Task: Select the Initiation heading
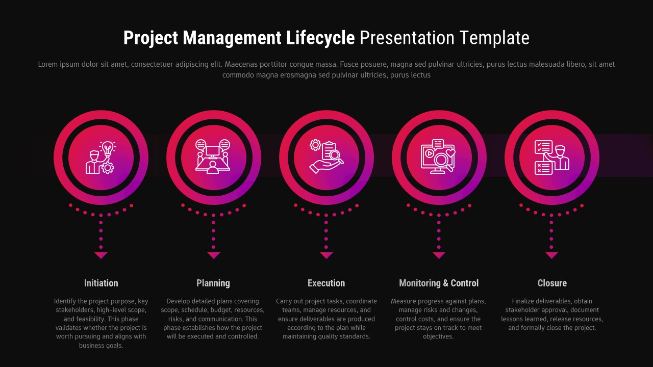[101, 283]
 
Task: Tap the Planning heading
[213, 283]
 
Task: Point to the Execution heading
[326, 283]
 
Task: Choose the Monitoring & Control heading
[439, 283]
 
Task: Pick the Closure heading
[552, 283]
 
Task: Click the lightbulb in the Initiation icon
[107, 149]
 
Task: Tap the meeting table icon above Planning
[213, 158]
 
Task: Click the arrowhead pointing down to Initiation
[101, 255]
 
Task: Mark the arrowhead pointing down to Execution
[326, 255]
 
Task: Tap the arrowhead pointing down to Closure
[551, 255]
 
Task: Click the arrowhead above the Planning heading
[214, 255]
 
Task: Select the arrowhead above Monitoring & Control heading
[439, 255]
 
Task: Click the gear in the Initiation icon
[107, 167]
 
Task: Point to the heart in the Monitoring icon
[450, 152]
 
